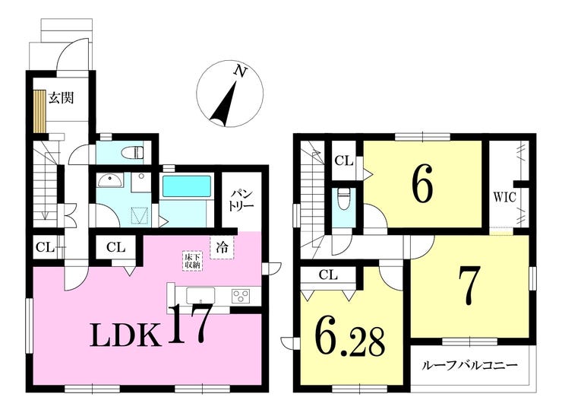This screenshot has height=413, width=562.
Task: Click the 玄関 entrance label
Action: [x=62, y=97]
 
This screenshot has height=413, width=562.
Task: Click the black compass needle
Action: [x=224, y=103]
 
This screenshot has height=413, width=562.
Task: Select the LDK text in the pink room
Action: [x=125, y=335]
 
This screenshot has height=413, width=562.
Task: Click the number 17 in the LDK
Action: [x=188, y=324]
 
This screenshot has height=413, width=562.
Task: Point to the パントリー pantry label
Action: [x=242, y=200]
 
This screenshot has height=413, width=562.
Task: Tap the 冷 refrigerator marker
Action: [x=222, y=247]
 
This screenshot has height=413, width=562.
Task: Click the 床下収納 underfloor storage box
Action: [x=192, y=261]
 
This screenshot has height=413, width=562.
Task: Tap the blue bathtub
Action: [x=185, y=186]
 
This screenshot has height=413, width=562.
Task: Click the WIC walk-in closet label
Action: [x=504, y=197]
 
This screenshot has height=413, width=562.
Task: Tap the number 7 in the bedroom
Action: [x=468, y=286]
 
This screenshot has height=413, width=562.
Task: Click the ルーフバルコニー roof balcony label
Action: [x=470, y=366]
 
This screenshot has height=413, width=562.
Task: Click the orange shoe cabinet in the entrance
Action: [x=39, y=112]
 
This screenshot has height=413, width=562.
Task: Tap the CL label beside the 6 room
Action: [x=344, y=160]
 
